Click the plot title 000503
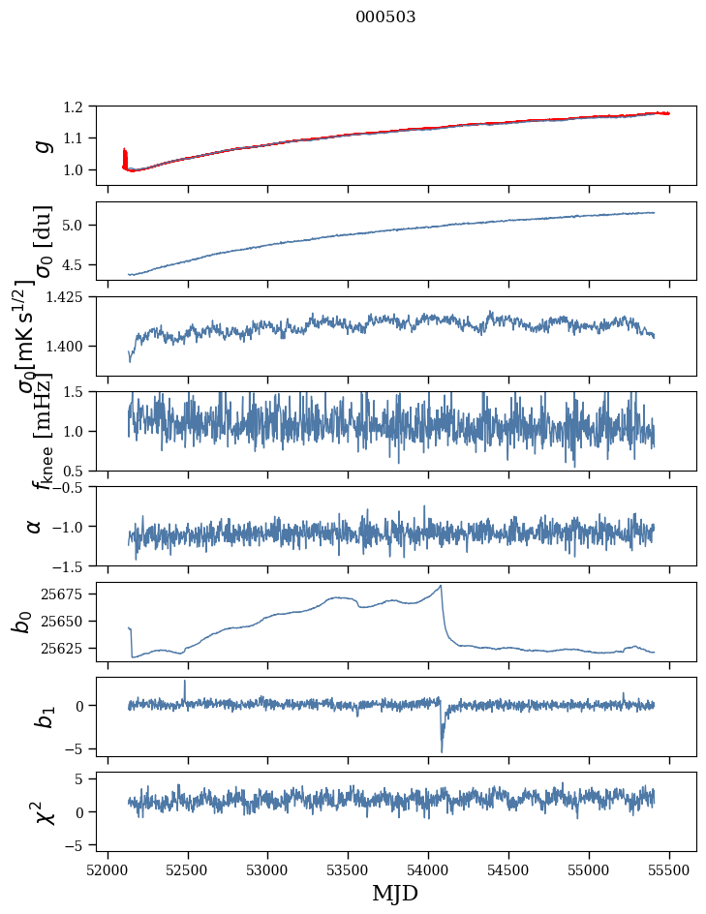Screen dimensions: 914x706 click(385, 17)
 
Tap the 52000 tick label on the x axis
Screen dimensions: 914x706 click(107, 869)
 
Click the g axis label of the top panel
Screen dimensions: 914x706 click(41, 144)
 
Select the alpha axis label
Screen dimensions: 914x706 click(35, 526)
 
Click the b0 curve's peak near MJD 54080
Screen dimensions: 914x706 click(442, 586)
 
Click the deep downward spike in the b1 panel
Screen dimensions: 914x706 click(442, 750)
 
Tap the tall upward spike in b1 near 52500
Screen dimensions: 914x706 click(185, 682)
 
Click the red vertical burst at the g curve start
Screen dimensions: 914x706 click(125, 158)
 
